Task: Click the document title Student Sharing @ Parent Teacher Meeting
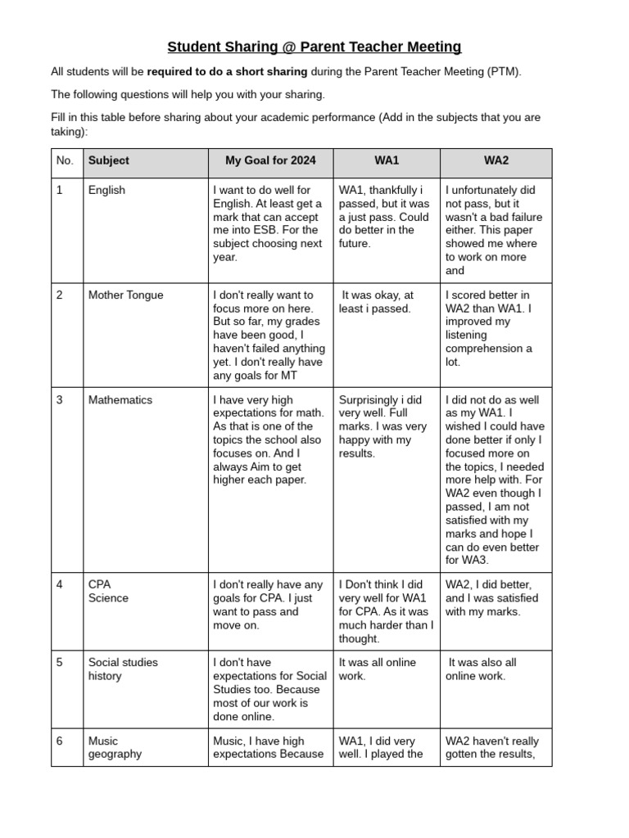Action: click(314, 47)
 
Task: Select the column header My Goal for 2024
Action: click(269, 161)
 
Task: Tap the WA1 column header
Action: click(387, 161)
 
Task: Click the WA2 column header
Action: click(496, 161)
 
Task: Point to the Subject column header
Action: click(109, 161)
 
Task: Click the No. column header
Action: click(66, 161)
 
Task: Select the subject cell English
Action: click(107, 191)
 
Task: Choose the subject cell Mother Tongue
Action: click(126, 295)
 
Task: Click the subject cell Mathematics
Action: click(120, 400)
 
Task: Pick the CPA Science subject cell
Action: click(108, 592)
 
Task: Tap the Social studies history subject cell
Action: click(123, 669)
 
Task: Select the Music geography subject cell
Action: click(115, 748)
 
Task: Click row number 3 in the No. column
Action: click(60, 400)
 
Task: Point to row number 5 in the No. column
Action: click(60, 663)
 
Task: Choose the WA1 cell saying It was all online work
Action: click(378, 669)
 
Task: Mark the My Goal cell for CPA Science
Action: click(268, 605)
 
